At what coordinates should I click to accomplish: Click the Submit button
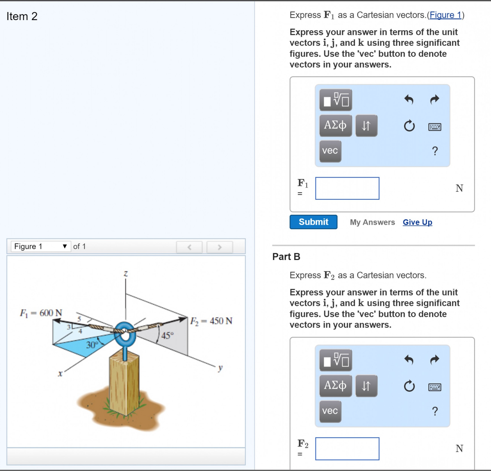[x=313, y=222]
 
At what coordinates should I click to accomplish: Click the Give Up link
[x=417, y=222]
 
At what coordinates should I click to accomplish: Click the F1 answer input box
[x=347, y=188]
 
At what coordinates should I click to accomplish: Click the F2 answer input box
[x=347, y=449]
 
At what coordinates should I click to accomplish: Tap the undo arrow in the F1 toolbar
[x=409, y=100]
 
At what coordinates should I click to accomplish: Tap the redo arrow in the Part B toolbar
[x=435, y=360]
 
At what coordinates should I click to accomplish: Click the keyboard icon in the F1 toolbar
[x=435, y=127]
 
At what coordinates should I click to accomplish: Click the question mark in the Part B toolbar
[x=435, y=411]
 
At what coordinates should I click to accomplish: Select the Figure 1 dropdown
[x=40, y=246]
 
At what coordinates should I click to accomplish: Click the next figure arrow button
[x=219, y=247]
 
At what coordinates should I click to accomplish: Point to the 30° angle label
[x=92, y=345]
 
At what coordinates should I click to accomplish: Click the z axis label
[x=126, y=274]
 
